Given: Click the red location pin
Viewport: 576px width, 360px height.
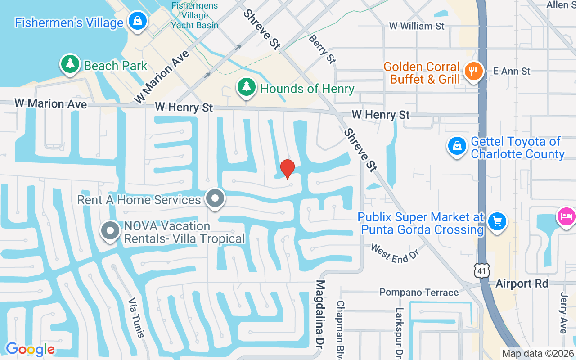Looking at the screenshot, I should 288,169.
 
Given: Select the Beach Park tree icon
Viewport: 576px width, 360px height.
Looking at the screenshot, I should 70,64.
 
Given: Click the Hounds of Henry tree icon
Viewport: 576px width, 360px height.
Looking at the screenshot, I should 246,87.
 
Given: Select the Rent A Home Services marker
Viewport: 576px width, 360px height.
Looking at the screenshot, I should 215,198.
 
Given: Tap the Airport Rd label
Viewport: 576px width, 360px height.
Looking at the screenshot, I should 522,283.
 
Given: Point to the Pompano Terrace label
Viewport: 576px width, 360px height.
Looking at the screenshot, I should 419,292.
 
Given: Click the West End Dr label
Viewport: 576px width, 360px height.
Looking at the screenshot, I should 395,253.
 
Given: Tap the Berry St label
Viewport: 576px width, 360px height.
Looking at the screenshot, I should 322,49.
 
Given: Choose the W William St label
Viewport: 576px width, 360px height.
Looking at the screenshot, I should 417,26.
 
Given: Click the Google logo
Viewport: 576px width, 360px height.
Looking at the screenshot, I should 30,349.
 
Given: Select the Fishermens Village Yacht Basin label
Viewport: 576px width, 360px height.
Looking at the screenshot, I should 194,15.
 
